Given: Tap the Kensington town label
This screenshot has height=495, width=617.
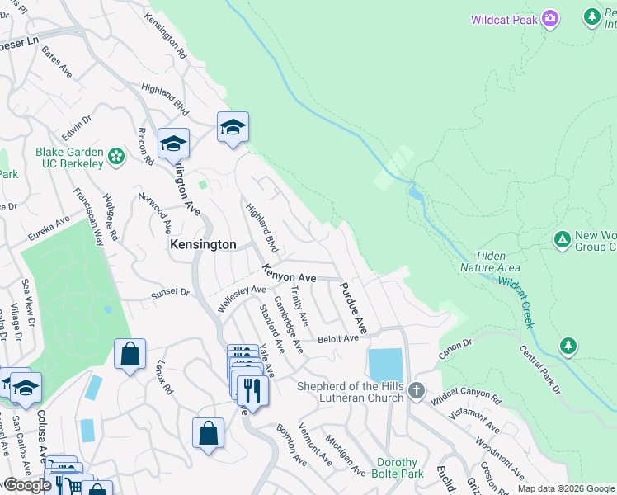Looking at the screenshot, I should pos(203,245).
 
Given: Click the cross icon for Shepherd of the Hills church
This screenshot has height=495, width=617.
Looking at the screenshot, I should pos(417,390).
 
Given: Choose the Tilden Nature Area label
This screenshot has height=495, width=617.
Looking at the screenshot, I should pos(497,262).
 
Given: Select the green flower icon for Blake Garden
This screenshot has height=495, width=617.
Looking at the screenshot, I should pos(116,156).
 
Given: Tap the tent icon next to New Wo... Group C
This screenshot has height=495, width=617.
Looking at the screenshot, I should pos(562,240).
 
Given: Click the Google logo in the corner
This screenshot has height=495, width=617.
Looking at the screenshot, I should pos(26,485).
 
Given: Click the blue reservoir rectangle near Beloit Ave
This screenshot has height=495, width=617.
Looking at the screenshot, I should pos(386,365).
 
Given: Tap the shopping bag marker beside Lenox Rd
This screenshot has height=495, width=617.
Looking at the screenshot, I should pos(130,355).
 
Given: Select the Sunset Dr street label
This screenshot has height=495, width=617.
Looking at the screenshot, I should pos(170,293).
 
